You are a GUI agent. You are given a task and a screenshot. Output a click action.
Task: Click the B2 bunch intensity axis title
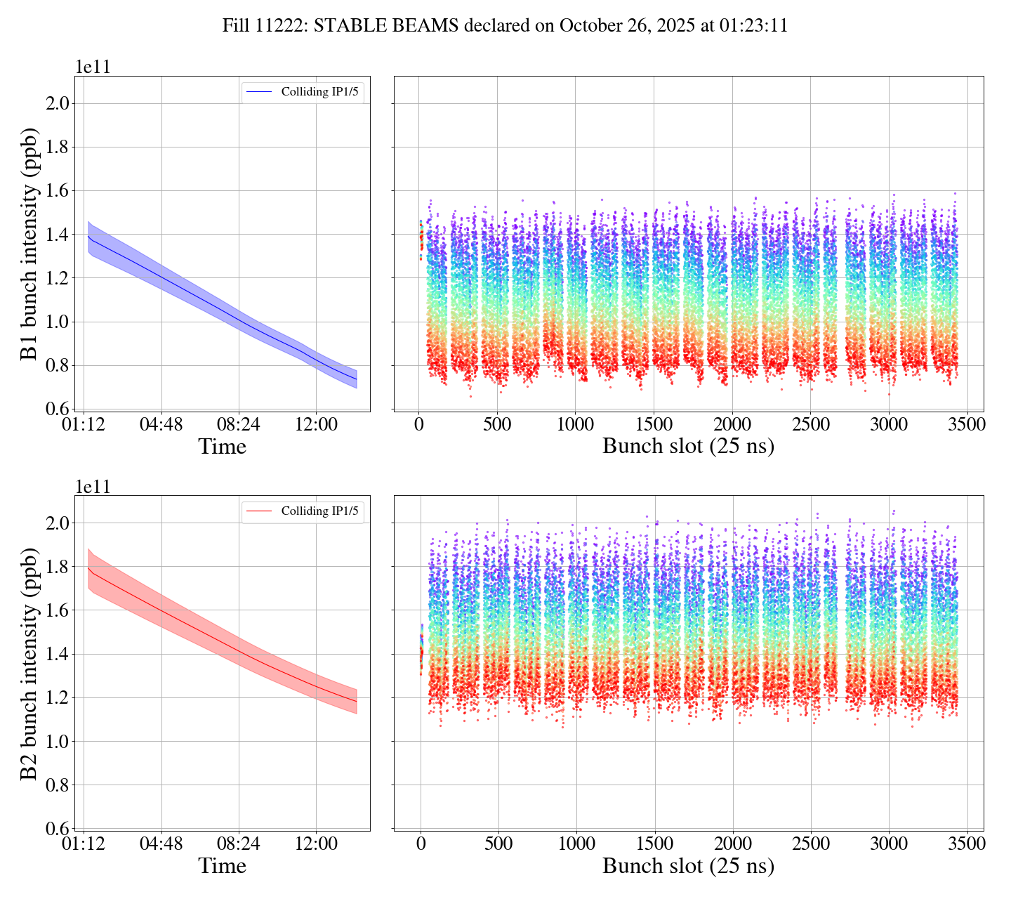point(29,662)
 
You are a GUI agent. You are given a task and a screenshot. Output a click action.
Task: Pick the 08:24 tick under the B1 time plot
point(239,425)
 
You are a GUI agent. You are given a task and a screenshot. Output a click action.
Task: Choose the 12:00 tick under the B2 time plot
point(316,844)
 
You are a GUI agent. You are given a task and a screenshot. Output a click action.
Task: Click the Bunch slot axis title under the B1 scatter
point(688,447)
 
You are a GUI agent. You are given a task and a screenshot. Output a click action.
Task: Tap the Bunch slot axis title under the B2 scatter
point(688,866)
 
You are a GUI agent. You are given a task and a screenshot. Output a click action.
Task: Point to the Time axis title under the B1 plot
point(222,447)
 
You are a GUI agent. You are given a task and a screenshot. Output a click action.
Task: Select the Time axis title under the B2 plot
point(222,866)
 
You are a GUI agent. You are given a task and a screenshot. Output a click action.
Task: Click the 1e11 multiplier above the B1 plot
point(93,67)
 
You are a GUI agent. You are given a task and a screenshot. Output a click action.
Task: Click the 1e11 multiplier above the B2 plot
point(93,487)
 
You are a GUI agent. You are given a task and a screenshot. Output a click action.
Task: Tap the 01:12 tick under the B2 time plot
point(84,844)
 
